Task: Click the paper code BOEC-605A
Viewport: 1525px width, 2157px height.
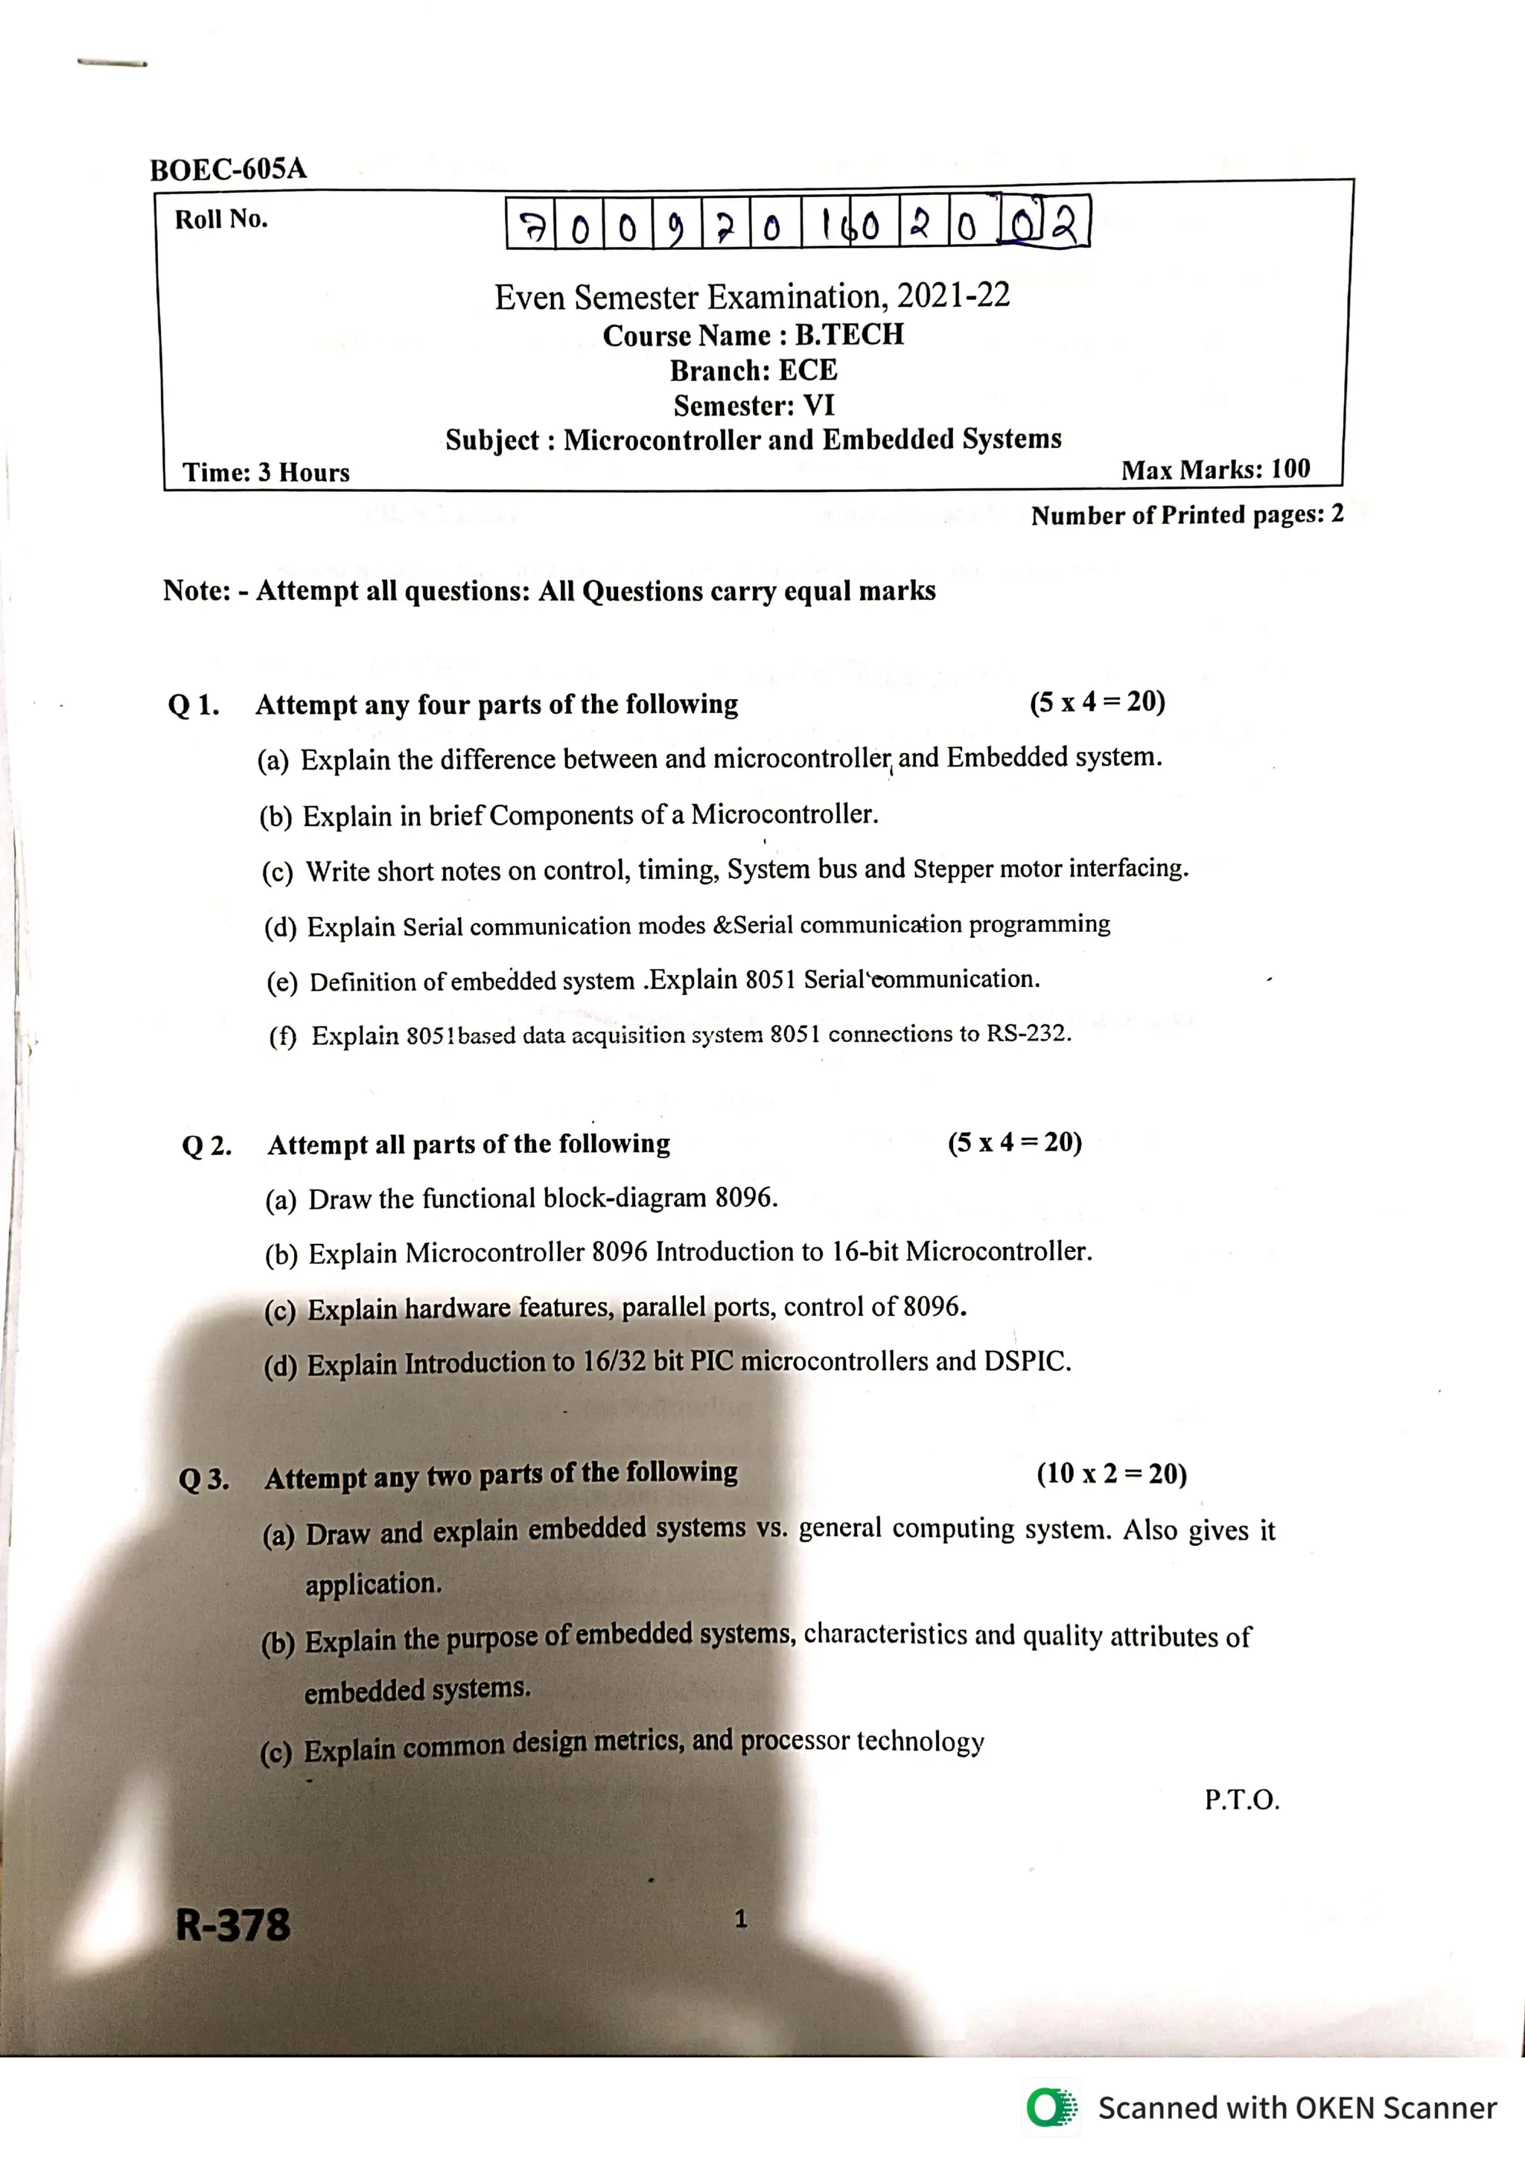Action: point(229,169)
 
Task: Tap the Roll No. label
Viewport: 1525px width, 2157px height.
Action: point(221,219)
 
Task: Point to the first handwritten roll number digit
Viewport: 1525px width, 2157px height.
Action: point(532,226)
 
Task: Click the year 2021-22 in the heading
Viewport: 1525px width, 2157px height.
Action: point(953,296)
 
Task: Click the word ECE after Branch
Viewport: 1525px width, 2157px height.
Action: point(807,370)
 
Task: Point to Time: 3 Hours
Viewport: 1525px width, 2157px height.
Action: point(266,472)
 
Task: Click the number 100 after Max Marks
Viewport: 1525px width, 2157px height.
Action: point(1290,469)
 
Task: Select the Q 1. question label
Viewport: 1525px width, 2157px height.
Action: point(194,705)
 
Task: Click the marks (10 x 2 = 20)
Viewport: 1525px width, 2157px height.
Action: point(1112,1473)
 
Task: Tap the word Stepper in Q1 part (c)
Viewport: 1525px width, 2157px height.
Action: point(952,869)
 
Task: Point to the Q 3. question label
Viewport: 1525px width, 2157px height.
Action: point(204,1480)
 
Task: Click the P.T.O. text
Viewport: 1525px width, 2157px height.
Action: point(1241,1800)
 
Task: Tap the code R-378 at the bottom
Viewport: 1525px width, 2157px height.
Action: point(233,1925)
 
